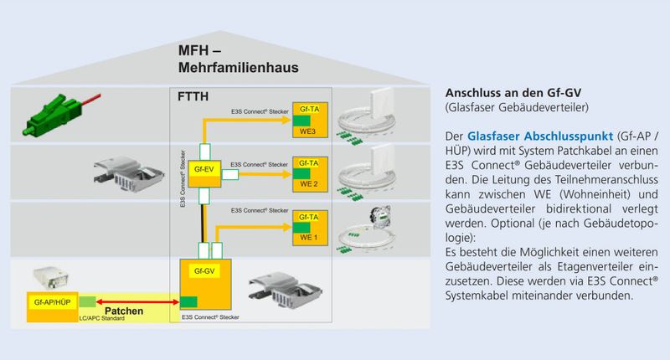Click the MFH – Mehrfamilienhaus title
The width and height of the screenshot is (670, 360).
(238, 58)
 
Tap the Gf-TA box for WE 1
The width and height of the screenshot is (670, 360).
(307, 224)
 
